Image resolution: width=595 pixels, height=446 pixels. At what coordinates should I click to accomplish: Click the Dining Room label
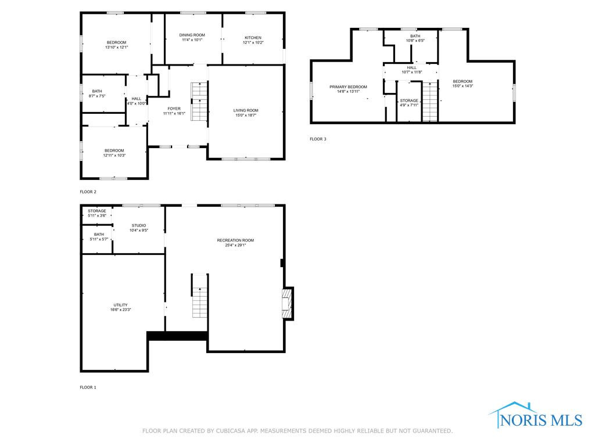[192, 35]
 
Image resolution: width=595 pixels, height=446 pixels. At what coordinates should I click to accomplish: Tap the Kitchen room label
[253, 38]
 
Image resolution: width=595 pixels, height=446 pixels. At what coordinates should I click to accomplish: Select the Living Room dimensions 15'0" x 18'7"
[246, 116]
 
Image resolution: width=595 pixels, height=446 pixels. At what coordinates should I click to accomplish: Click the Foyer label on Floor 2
[174, 109]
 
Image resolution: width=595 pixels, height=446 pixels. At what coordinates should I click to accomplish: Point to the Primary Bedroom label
[349, 87]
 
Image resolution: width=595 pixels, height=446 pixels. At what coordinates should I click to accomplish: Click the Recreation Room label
[236, 240]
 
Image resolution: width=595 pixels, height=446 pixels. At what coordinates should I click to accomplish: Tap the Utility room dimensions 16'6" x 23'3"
[121, 310]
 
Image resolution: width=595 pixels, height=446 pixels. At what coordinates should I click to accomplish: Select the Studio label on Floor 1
[139, 225]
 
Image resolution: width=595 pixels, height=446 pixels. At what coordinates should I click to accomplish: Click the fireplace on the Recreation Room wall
[287, 304]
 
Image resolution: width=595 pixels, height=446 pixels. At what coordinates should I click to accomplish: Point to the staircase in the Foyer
[199, 101]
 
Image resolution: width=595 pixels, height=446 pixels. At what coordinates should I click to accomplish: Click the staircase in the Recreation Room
[199, 296]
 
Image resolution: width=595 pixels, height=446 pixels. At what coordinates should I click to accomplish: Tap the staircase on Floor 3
[430, 101]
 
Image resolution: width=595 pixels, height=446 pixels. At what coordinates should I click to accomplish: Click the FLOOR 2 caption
[88, 192]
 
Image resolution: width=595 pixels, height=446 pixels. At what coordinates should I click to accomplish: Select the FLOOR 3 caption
[318, 139]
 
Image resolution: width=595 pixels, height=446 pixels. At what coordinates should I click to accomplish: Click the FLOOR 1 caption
[88, 387]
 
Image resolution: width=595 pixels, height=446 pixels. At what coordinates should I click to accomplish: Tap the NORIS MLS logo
[535, 416]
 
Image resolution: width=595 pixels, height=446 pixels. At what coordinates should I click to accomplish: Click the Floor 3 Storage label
[409, 100]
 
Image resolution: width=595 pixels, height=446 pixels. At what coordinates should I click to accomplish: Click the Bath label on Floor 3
[415, 36]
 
